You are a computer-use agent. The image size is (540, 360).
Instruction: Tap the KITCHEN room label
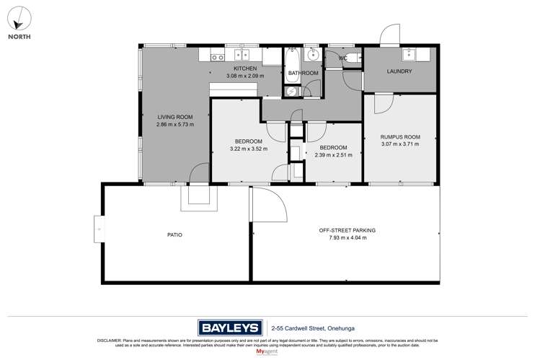pyautogui.click(x=244, y=68)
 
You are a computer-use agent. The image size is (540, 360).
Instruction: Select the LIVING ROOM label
pyautogui.click(x=174, y=117)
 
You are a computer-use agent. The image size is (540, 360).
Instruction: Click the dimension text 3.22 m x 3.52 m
pyautogui.click(x=248, y=149)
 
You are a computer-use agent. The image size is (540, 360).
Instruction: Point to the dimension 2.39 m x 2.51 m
pyautogui.click(x=333, y=154)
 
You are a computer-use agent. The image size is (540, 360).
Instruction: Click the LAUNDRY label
pyautogui.click(x=399, y=71)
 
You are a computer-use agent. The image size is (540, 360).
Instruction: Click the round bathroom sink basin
pyautogui.click(x=314, y=55)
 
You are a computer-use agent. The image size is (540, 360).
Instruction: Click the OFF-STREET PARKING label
pyautogui.click(x=348, y=230)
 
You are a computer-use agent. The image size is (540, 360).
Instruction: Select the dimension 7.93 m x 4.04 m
pyautogui.click(x=348, y=237)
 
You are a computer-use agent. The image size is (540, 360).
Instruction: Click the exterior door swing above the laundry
pyautogui.click(x=390, y=35)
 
